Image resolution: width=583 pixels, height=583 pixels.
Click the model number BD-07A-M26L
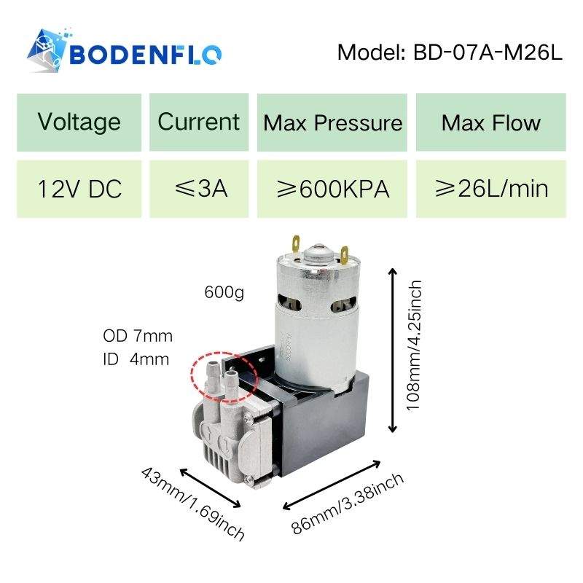pos(450,52)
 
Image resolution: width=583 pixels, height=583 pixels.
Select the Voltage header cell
pos(79,122)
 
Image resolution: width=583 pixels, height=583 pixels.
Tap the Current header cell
pos(198,122)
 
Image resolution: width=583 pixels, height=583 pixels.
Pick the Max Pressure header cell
pos(332,122)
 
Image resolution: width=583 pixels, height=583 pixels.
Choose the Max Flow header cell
pos(490,122)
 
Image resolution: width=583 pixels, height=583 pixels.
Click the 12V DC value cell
pos(79,189)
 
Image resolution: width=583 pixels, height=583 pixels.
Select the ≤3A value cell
pos(198,189)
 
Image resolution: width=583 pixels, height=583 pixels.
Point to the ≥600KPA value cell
pos(332,189)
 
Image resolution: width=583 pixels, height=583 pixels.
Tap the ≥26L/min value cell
pos(490,189)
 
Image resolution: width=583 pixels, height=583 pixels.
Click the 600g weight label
pos(224,294)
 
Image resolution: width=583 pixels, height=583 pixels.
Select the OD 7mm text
pos(138,336)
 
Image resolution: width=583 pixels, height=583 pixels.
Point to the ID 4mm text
pos(137,359)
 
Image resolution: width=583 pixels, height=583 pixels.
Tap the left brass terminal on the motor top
pos(297,240)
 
